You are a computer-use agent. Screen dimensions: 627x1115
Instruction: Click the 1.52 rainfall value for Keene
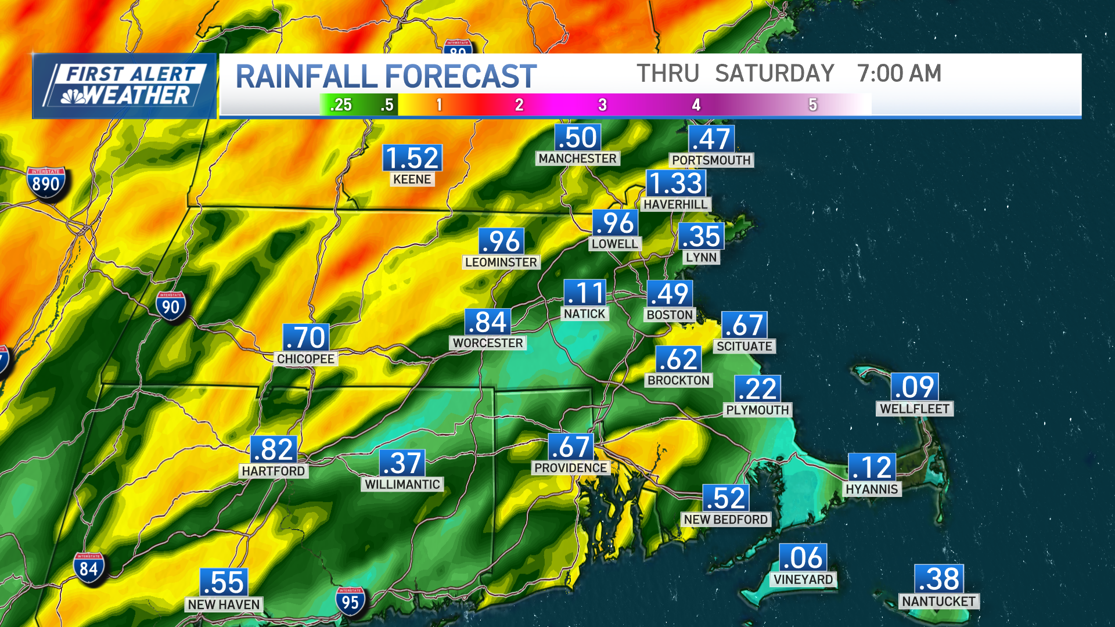tap(412, 158)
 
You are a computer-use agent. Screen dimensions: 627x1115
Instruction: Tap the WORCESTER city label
tap(488, 343)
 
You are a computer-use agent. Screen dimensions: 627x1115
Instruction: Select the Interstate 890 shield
tap(46, 184)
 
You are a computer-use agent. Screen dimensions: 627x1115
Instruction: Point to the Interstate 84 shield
tap(89, 568)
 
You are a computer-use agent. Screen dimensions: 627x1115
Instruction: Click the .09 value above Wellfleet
tap(915, 387)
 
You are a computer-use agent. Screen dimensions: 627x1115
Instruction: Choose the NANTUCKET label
tap(938, 601)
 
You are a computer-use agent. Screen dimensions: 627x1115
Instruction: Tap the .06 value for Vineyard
tap(803, 558)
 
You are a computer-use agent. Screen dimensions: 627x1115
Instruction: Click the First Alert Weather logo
tap(124, 86)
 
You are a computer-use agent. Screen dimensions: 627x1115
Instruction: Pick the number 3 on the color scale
tap(602, 105)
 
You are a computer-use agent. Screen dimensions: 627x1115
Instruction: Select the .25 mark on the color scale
tap(341, 105)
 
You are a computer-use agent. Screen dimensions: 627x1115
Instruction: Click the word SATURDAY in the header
tap(774, 74)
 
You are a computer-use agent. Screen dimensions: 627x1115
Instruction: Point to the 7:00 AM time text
tap(899, 74)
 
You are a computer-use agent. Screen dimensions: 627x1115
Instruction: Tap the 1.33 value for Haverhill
tap(676, 183)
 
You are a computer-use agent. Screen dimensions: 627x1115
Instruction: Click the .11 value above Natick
tap(585, 293)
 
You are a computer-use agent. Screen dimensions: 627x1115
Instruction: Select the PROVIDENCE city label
tap(570, 468)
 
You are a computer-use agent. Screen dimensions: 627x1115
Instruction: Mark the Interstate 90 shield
tap(171, 307)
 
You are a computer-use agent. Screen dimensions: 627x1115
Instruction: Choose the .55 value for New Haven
tap(224, 582)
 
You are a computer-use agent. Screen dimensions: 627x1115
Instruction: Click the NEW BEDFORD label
tap(725, 520)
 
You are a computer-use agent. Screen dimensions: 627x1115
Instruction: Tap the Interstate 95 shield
tap(350, 602)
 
